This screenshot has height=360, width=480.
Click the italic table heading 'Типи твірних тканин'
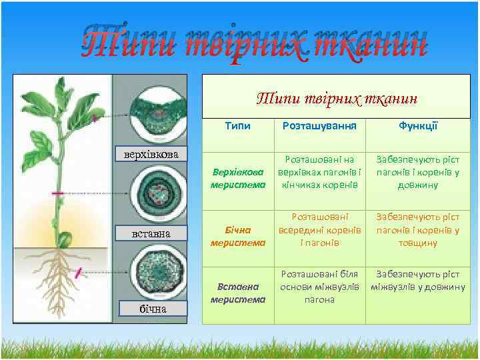tap(337, 99)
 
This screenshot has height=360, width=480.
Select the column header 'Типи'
tap(237, 126)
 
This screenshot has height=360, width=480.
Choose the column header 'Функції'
tap(417, 126)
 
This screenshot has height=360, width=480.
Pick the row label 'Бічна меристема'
tap(237, 236)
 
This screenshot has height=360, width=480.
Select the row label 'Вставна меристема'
tap(237, 293)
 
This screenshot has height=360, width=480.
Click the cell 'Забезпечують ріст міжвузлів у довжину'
tap(417, 281)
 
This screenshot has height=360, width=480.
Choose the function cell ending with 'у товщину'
tap(417, 229)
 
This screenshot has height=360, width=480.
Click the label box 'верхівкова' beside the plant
tap(151, 155)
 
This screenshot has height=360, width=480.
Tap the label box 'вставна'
tap(151, 233)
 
